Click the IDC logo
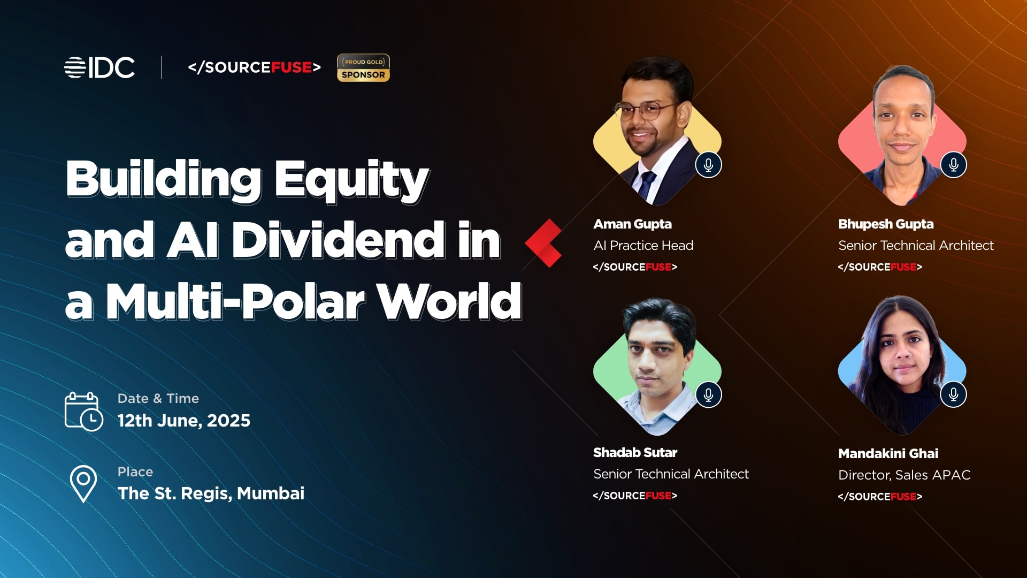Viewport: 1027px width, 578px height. pos(99,67)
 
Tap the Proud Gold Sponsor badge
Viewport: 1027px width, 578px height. pos(363,68)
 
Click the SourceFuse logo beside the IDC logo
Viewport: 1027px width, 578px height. pos(255,67)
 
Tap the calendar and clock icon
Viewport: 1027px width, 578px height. pos(83,411)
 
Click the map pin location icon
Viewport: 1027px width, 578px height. pos(83,484)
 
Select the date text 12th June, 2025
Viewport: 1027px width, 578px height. pos(184,421)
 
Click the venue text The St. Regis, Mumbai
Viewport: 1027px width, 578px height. pos(211,493)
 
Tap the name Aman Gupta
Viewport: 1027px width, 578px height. pos(632,224)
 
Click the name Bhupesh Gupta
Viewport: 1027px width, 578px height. pos(886,224)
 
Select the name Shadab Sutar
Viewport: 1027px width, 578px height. pos(635,453)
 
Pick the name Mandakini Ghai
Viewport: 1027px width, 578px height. pos(888,454)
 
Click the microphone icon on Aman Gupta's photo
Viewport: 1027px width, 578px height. pos(709,165)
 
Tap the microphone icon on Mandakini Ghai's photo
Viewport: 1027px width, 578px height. pos(954,394)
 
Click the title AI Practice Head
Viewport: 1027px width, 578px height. pos(643,246)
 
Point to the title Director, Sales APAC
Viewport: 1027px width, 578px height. pos(905,475)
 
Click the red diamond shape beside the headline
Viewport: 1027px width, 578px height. pos(543,243)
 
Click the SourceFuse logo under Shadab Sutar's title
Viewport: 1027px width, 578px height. pos(635,496)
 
